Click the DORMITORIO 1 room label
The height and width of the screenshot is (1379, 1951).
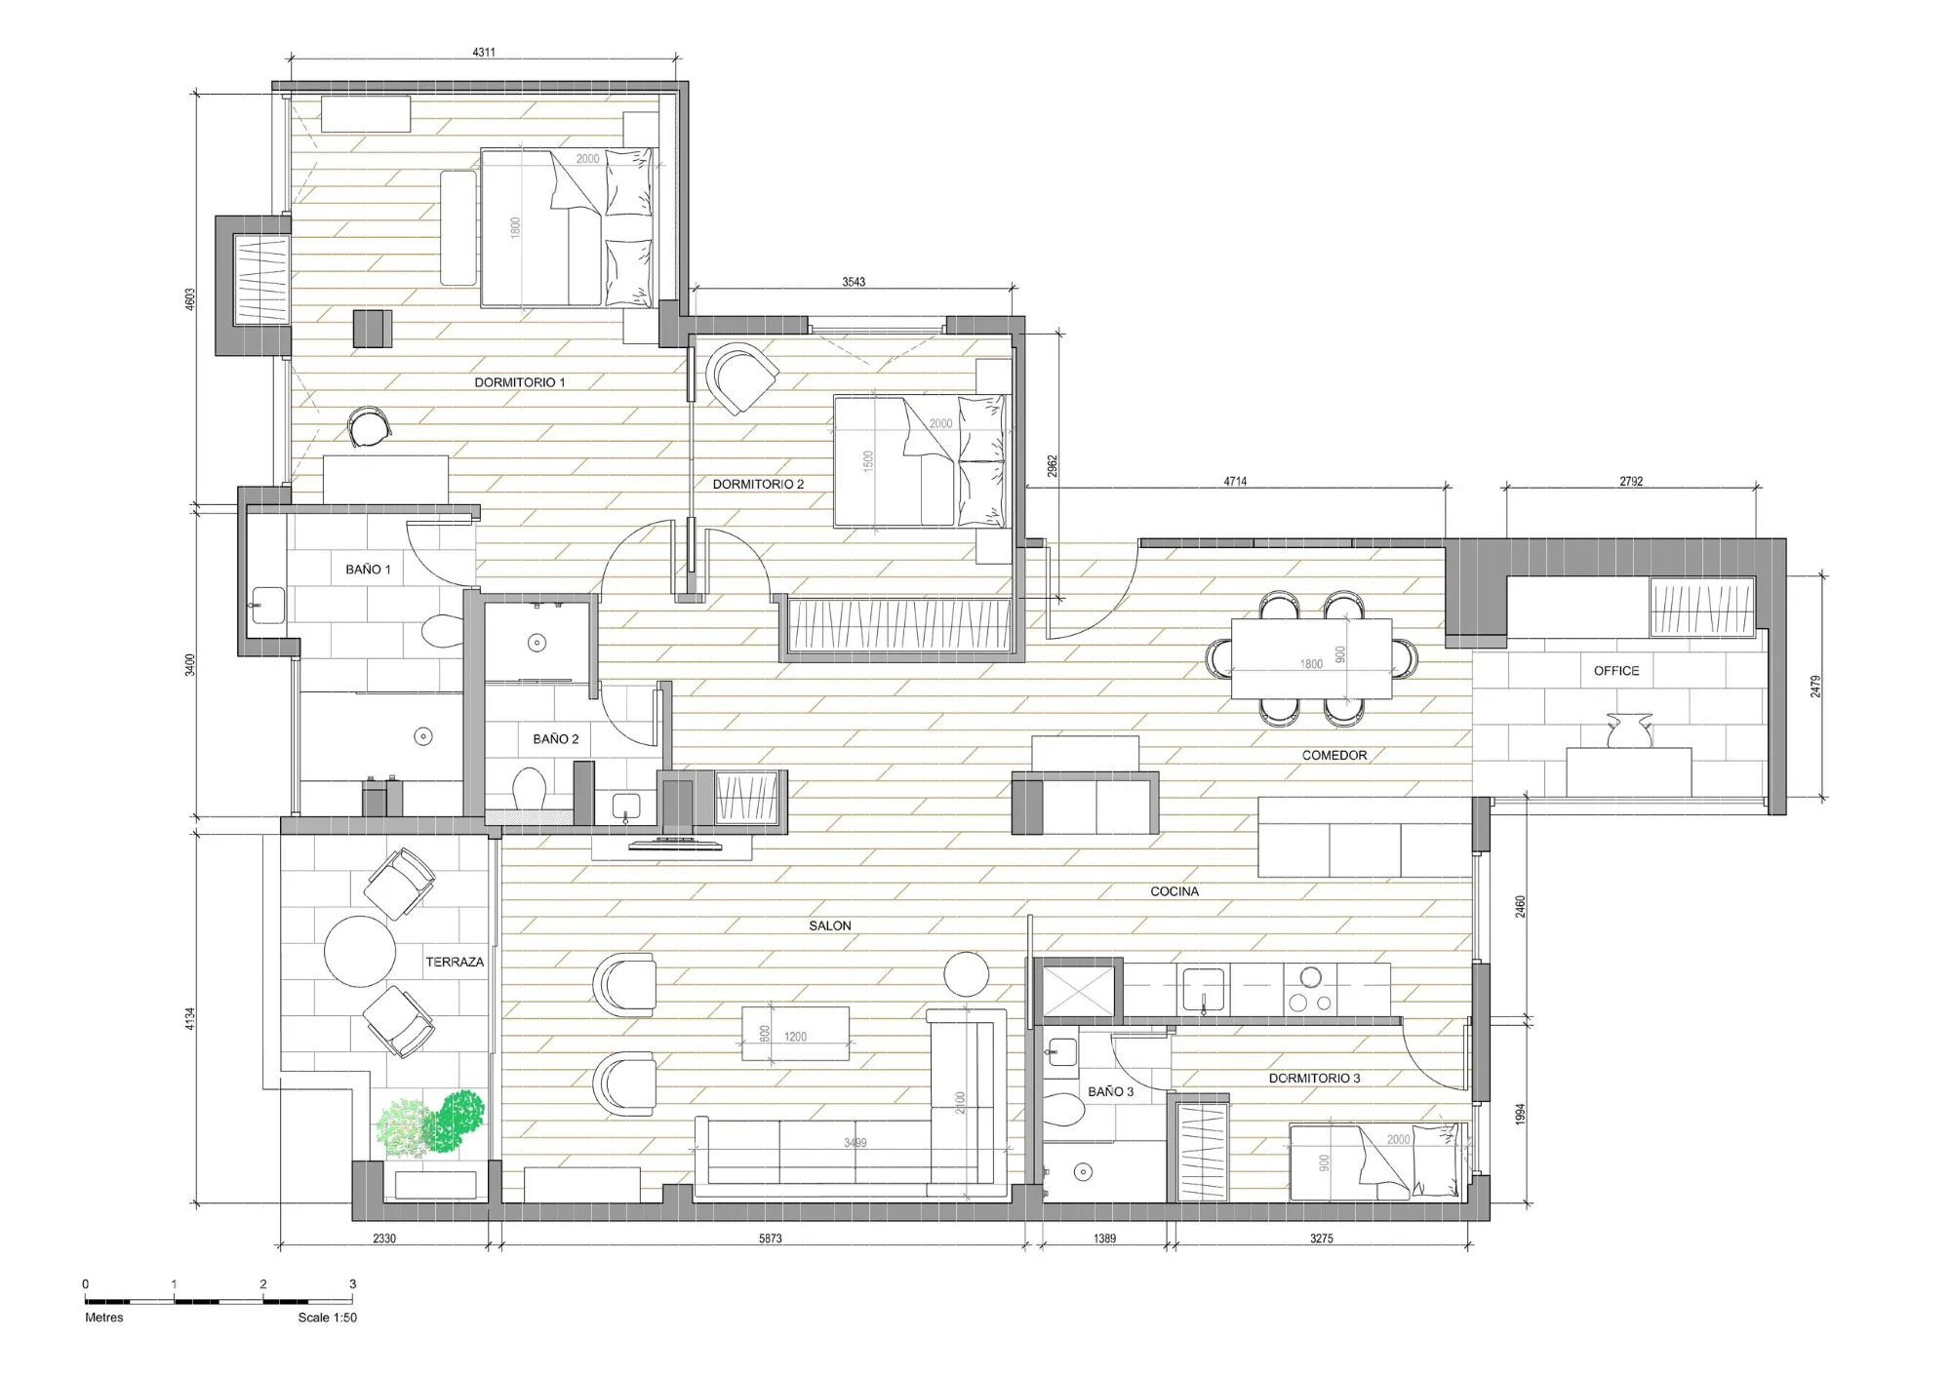pyautogui.click(x=519, y=382)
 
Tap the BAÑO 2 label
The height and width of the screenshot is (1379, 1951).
pyautogui.click(x=555, y=739)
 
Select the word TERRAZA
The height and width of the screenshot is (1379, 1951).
pyautogui.click(x=455, y=962)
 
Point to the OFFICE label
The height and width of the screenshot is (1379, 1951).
pyautogui.click(x=1616, y=671)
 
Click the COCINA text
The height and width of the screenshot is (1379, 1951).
pyautogui.click(x=1175, y=891)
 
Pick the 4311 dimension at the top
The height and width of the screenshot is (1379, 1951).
pyautogui.click(x=484, y=53)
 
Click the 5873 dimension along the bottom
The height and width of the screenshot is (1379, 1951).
pyautogui.click(x=770, y=1239)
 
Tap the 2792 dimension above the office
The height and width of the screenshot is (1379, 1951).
pyautogui.click(x=1631, y=481)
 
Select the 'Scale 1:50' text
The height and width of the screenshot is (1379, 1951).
pyautogui.click(x=328, y=1318)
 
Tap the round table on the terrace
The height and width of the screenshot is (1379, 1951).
pyautogui.click(x=360, y=952)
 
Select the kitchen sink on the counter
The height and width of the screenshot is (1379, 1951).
pyautogui.click(x=1205, y=989)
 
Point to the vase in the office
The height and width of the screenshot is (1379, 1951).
pyautogui.click(x=1629, y=731)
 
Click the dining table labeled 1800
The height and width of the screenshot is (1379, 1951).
pyautogui.click(x=1311, y=659)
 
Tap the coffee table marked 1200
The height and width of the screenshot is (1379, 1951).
pyautogui.click(x=795, y=1034)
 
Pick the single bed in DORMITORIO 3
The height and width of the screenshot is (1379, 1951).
pyautogui.click(x=1377, y=1162)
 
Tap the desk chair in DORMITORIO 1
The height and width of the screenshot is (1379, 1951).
pyautogui.click(x=370, y=426)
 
